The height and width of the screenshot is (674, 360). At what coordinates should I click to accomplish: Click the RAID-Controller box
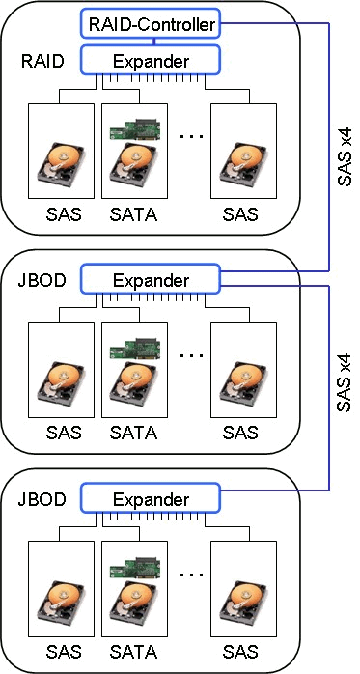(151, 24)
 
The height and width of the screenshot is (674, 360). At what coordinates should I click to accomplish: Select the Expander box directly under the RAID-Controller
(151, 60)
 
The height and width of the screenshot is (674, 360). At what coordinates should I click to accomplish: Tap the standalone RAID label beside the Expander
(42, 61)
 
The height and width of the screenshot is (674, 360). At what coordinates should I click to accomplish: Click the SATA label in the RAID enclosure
(133, 213)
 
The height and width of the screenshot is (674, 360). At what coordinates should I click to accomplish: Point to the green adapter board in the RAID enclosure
(135, 129)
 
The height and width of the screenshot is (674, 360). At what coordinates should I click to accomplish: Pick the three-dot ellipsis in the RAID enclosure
(191, 137)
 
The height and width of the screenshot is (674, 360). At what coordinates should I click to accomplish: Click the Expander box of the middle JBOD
(151, 279)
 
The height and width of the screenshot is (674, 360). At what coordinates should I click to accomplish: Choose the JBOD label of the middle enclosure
(42, 280)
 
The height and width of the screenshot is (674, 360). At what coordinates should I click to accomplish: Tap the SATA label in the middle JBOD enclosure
(133, 433)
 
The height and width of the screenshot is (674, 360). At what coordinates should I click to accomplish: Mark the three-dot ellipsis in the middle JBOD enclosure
(191, 356)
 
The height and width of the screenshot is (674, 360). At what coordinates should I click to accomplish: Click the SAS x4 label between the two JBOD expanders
(345, 382)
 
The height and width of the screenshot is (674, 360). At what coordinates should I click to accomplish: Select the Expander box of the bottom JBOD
(151, 498)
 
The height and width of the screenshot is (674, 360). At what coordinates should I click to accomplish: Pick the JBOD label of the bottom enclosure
(42, 499)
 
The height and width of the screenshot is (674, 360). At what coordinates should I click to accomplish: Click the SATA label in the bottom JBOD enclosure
(133, 652)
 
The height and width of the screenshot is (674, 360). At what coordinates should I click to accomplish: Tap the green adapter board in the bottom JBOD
(135, 568)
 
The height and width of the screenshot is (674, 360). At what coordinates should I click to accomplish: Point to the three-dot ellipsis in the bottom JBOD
(191, 576)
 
